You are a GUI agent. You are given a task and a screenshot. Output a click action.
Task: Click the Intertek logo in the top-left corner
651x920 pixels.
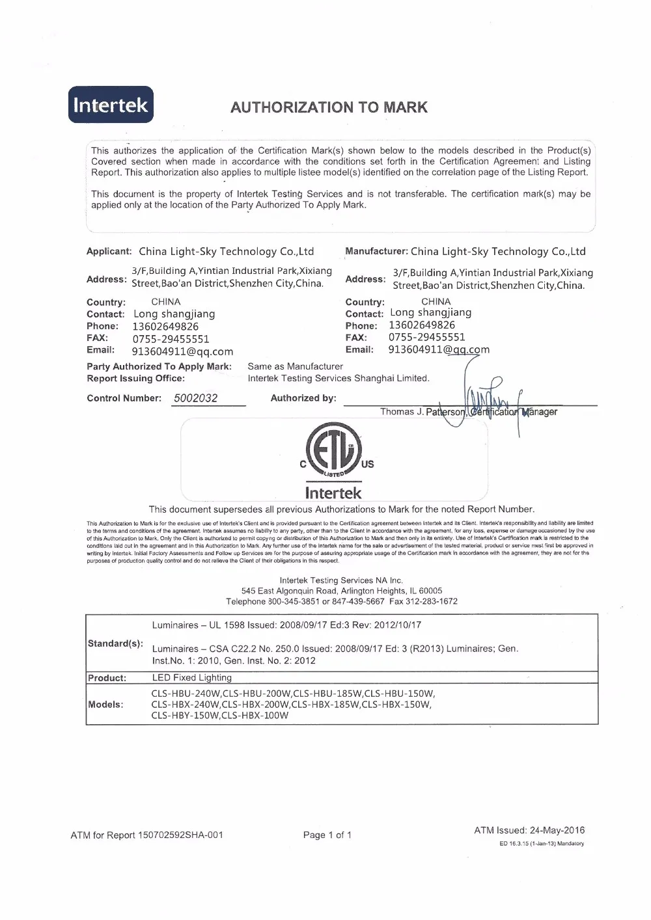click(x=111, y=105)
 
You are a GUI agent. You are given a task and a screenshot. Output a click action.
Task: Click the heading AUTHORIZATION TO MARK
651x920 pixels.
click(x=329, y=107)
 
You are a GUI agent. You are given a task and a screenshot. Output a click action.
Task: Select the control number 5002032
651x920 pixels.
click(x=196, y=398)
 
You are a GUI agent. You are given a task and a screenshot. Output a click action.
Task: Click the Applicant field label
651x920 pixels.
click(x=109, y=251)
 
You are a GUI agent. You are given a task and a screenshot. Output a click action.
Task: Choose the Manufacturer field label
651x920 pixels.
click(x=376, y=251)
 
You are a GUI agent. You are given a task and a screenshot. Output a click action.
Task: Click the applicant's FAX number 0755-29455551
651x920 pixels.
click(x=171, y=339)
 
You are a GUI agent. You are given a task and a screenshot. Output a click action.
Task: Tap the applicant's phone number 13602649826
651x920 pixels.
click(x=165, y=327)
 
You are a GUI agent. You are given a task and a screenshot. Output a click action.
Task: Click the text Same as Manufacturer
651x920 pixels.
click(x=295, y=366)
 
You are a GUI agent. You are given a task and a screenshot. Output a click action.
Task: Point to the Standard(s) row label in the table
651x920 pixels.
click(x=115, y=643)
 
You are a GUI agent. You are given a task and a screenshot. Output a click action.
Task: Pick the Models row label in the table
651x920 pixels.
click(x=105, y=705)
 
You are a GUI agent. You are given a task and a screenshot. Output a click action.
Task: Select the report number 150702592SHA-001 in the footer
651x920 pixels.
click(x=180, y=835)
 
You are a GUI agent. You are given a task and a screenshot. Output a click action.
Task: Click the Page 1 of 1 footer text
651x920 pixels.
click(x=327, y=835)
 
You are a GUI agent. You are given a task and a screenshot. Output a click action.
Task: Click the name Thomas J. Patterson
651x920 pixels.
click(x=422, y=412)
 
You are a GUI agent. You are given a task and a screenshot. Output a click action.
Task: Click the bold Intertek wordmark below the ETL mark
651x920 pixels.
click(x=333, y=493)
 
